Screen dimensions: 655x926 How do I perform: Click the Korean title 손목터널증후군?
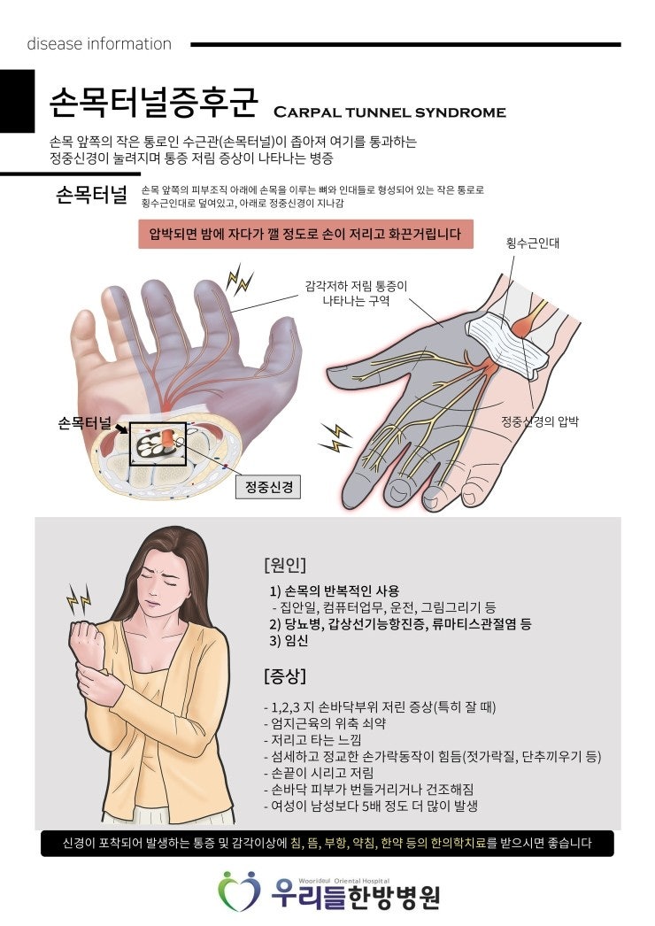(153, 102)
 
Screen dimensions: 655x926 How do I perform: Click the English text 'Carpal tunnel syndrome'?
(389, 112)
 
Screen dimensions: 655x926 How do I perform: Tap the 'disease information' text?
(99, 43)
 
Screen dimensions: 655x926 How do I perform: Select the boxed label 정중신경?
(268, 487)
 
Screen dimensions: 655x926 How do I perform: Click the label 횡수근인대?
(533, 243)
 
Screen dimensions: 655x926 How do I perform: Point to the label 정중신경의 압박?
(540, 421)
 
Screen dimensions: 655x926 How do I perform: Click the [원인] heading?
(285, 565)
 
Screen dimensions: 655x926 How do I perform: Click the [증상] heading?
(285, 675)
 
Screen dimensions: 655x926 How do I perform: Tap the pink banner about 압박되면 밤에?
(306, 234)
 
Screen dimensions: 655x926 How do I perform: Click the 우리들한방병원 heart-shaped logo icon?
(239, 890)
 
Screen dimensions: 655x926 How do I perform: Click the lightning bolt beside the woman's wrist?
(79, 598)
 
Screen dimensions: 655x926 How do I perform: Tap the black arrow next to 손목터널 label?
(121, 428)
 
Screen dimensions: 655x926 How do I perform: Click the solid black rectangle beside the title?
(17, 101)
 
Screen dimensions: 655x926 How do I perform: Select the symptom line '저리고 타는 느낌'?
(316, 739)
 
